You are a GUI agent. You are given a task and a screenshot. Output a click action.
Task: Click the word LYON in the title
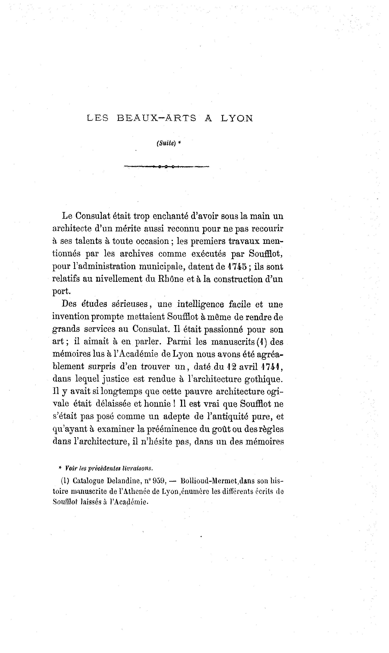237,118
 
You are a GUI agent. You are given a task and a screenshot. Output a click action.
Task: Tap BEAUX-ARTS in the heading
157,118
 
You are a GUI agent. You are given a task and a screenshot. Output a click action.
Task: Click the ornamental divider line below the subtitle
166,166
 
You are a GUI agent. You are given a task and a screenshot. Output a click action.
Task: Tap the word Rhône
171,279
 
